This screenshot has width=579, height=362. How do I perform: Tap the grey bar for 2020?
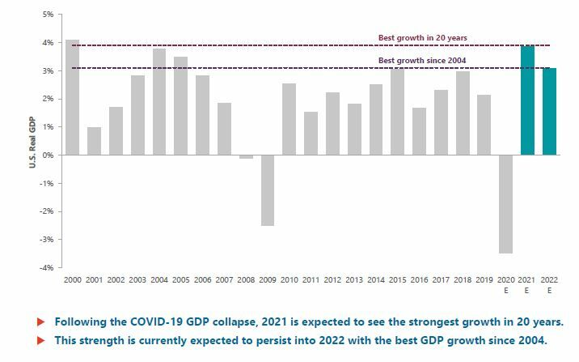506,204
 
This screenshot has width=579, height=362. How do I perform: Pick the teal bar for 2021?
528,100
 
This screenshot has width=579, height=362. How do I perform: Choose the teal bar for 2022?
550,111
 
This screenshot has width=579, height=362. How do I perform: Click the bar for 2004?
159,101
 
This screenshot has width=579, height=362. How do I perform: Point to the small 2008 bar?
246,156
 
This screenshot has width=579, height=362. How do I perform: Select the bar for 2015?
398,111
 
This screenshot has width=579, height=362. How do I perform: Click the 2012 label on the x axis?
332,279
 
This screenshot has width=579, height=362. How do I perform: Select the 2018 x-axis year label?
463,279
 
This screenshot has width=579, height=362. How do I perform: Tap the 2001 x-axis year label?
95,279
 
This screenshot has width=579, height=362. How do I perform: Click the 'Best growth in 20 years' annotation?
422,38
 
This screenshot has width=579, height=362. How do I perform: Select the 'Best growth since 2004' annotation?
422,61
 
